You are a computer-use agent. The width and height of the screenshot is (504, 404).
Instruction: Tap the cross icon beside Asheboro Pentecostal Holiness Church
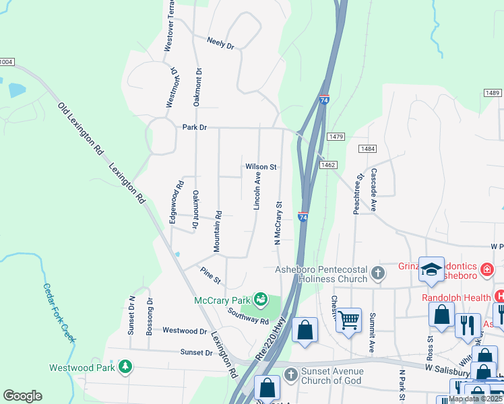click(378, 274)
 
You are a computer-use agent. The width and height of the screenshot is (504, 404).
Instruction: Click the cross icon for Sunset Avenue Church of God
click(290, 375)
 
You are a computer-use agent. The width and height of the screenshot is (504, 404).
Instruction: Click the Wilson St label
click(261, 166)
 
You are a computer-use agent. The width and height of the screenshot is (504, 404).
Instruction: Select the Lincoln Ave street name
click(257, 190)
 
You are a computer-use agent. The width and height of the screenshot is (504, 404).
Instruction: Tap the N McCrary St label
click(277, 222)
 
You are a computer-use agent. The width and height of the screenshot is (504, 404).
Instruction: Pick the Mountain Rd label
click(218, 232)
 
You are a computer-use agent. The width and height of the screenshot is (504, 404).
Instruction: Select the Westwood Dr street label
click(185, 331)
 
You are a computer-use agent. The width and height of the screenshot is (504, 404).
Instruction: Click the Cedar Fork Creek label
click(57, 313)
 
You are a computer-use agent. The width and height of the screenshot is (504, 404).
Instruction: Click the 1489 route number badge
click(492, 93)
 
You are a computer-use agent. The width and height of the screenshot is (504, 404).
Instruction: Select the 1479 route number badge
click(336, 137)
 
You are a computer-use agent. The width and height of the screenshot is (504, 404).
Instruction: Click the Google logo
click(22, 396)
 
